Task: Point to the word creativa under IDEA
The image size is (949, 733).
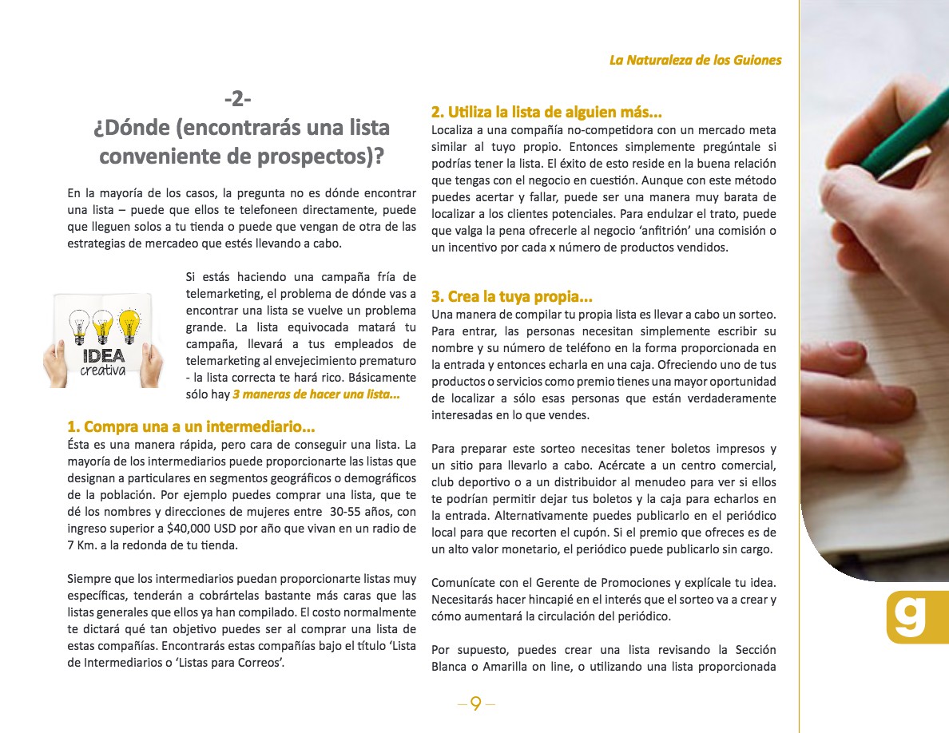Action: pos(103,371)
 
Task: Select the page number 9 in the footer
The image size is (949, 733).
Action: pos(476,703)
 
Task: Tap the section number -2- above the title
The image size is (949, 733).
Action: pos(237,99)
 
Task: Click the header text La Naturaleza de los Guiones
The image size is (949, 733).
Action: pos(695,60)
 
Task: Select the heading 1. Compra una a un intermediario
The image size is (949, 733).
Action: pos(191,426)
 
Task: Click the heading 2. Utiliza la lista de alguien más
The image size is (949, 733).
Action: pos(546,112)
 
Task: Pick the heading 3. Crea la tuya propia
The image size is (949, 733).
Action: pos(511,296)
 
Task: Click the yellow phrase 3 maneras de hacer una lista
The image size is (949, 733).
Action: pos(316,395)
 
